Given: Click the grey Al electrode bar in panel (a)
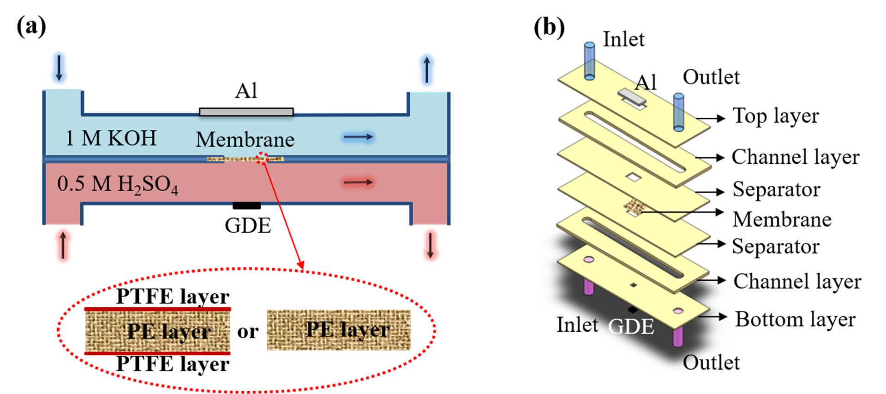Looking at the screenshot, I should [246, 112].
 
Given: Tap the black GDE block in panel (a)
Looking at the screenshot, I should [246, 206].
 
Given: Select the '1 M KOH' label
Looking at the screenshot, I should [111, 138].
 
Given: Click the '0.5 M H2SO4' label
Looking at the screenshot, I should [117, 184].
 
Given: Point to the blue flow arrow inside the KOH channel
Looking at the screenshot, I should [358, 137].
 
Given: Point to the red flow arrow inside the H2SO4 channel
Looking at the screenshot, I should [358, 182].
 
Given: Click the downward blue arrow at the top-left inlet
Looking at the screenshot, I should [59, 68].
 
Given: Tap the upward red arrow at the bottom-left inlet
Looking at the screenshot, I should [63, 245].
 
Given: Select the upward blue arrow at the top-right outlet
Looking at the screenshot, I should [427, 70].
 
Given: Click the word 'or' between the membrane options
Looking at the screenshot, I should [248, 331].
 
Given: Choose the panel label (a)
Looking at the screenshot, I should [31, 27].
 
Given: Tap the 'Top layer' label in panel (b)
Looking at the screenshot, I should [776, 116].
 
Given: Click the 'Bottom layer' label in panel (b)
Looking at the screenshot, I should [795, 319].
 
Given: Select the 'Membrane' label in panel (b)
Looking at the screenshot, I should [782, 219].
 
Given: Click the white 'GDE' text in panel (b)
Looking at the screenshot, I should [631, 327].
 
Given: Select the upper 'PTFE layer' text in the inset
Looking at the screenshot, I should [173, 296].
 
